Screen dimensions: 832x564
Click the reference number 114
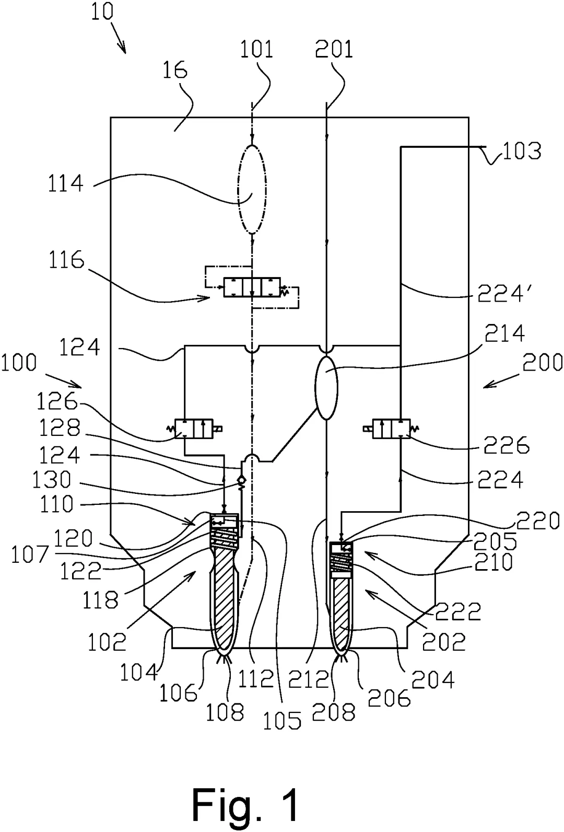click(x=65, y=183)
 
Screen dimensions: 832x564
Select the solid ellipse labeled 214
click(x=326, y=387)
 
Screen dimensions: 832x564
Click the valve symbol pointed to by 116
click(x=252, y=288)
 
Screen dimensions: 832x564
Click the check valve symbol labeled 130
click(x=241, y=480)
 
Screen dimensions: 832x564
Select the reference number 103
click(x=522, y=151)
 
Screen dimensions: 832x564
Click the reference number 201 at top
click(x=334, y=49)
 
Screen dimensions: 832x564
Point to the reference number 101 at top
click(x=256, y=49)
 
